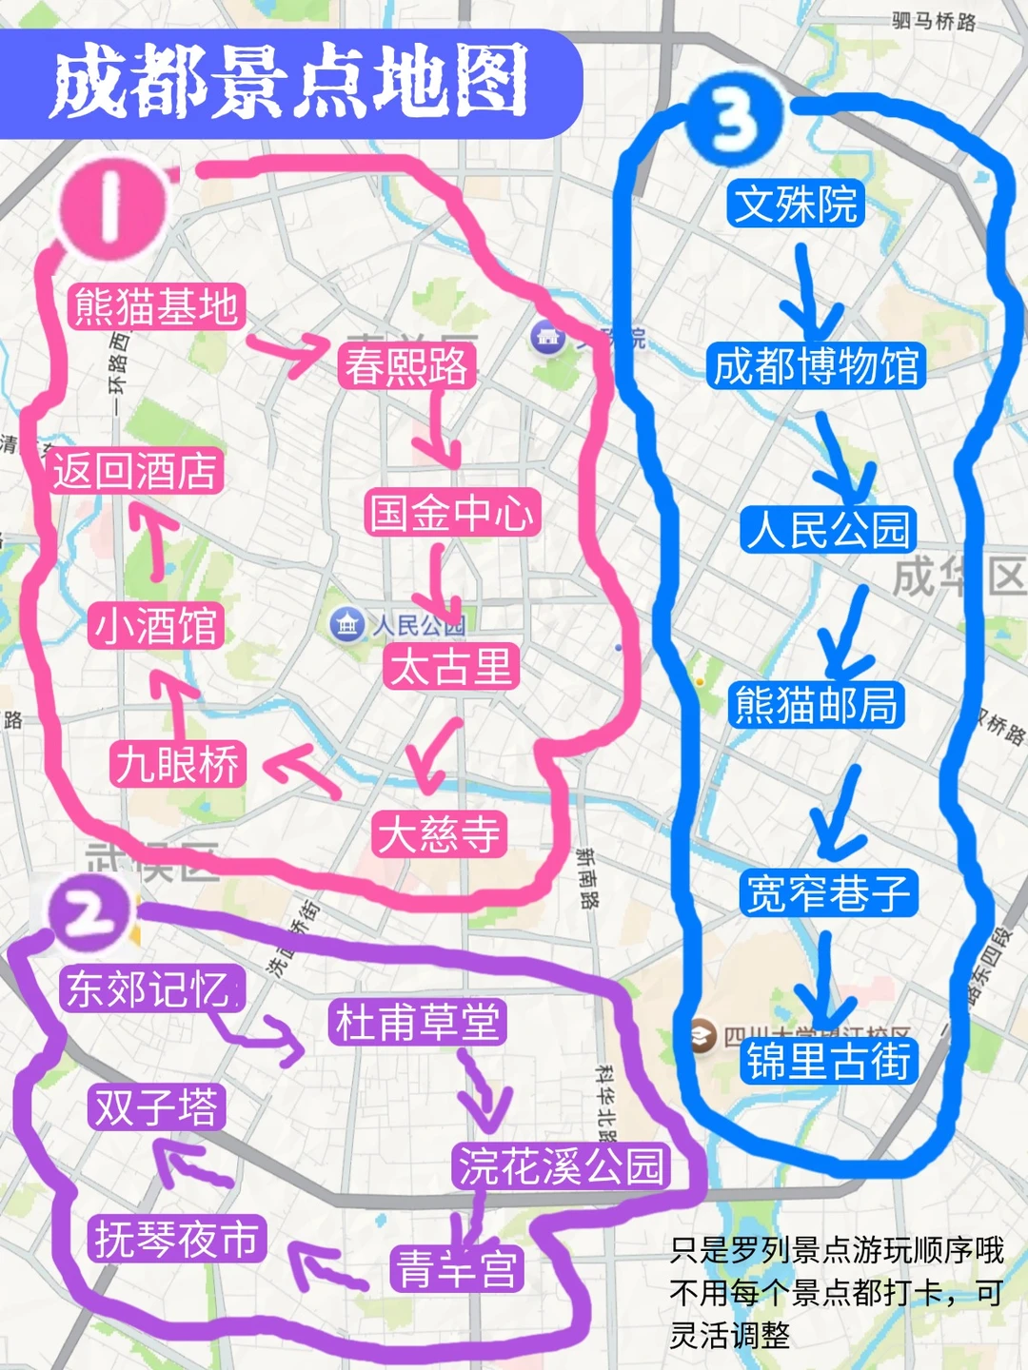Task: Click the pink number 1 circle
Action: coord(112,207)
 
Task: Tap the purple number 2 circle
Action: coord(89,913)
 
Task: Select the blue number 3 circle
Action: coord(734,117)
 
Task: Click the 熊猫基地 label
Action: coord(157,307)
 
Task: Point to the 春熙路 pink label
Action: coord(406,366)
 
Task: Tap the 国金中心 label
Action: coord(452,513)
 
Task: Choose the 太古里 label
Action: coord(452,665)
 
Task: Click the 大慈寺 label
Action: coord(439,834)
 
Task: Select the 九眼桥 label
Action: coord(178,764)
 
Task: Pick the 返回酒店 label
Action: coord(135,470)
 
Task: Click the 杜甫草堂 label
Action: coord(417,1023)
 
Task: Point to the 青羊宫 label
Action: coord(457,1269)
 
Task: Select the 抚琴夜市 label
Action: coord(177,1240)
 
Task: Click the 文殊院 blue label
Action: coord(796,204)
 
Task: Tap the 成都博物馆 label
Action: coord(817,366)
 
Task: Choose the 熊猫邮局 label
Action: coord(817,705)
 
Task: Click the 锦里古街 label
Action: coord(829,1061)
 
